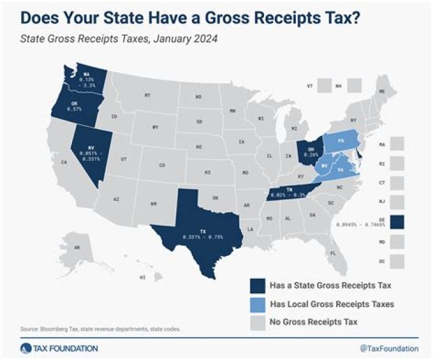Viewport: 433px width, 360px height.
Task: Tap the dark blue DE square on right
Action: point(398,222)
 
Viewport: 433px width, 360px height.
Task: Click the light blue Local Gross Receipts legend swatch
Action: point(259,304)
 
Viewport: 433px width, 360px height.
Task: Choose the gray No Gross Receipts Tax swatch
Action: point(259,322)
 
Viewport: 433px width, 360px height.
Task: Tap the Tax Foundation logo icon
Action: point(24,348)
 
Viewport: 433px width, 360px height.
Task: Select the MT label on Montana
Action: point(147,96)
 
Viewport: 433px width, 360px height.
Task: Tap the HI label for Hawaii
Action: point(142,278)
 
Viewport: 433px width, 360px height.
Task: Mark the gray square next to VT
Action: point(323,86)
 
